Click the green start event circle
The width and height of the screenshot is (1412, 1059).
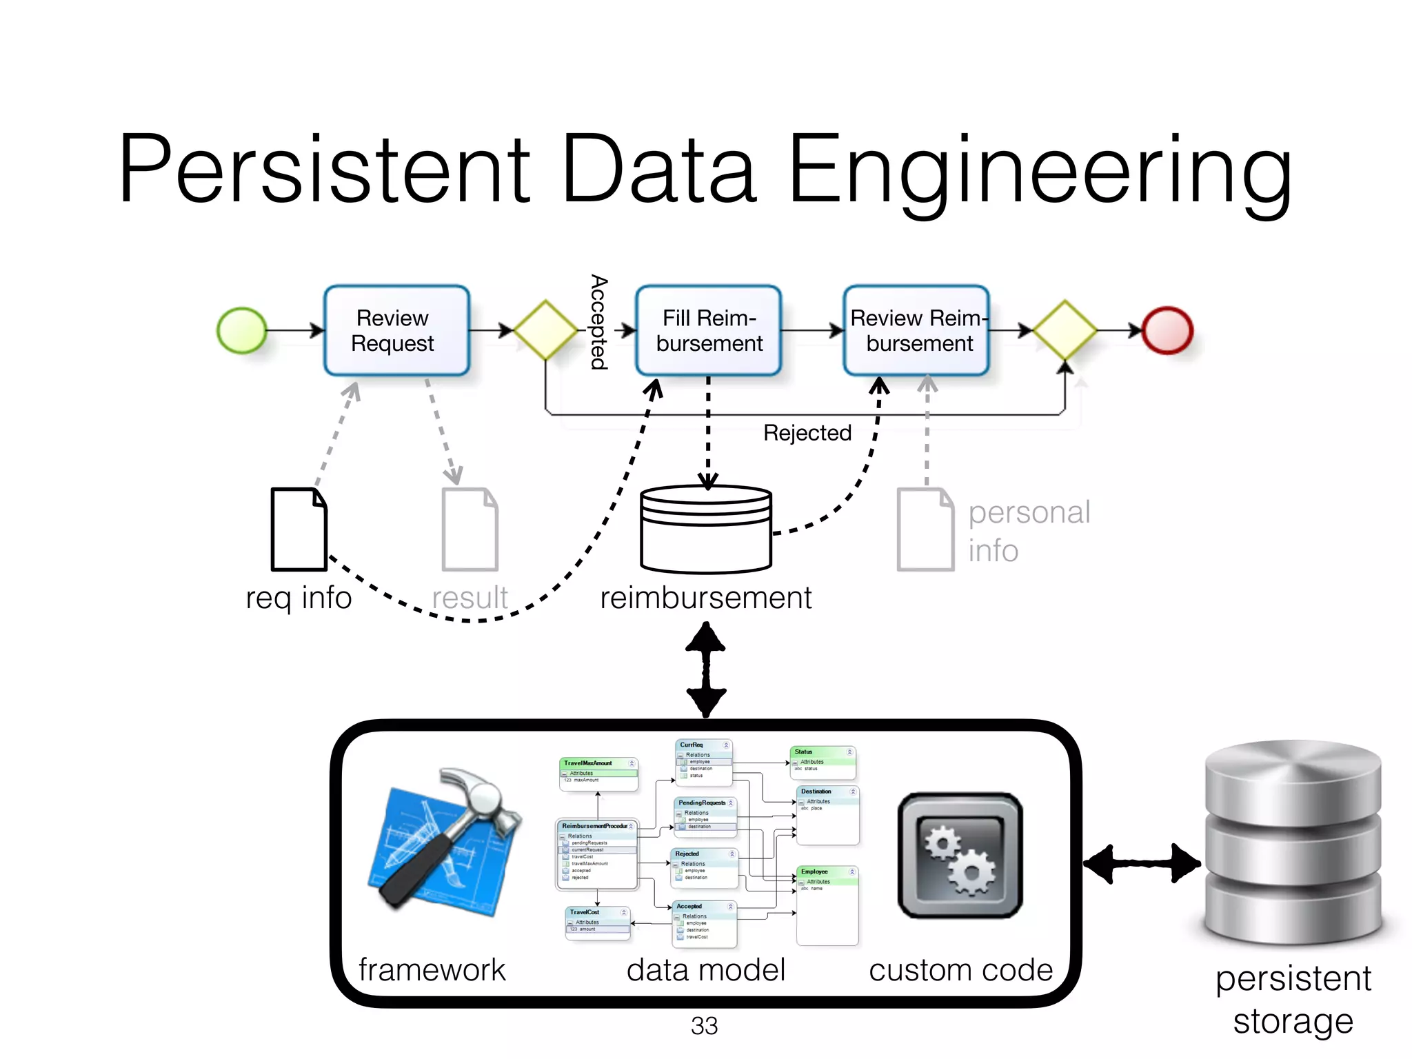[241, 331]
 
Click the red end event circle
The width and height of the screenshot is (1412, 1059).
[1167, 331]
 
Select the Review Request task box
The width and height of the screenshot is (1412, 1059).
[396, 331]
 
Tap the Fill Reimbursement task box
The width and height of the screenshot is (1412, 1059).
[708, 331]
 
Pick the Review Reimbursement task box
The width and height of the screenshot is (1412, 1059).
[916, 331]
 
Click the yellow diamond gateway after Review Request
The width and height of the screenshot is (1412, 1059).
[545, 330]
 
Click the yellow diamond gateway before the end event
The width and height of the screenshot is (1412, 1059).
[1065, 330]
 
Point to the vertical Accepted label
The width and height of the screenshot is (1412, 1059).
[598, 322]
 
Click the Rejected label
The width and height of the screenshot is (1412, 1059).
[807, 433]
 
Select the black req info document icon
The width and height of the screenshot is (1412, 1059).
[299, 529]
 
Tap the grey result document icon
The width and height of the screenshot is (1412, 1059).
[470, 529]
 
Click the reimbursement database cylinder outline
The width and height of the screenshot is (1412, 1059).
[705, 529]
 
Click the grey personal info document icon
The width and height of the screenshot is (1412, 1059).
[925, 529]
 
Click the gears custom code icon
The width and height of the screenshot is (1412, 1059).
[960, 855]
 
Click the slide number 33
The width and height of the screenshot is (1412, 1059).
[704, 1026]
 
